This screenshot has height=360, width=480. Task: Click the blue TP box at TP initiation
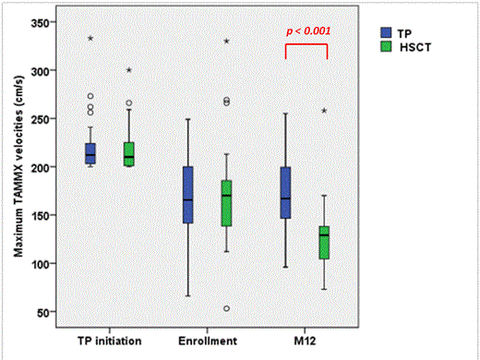(90, 153)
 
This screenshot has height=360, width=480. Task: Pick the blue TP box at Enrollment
(187, 195)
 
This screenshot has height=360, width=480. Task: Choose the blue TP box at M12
(285, 192)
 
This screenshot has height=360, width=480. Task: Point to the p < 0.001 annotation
(307, 30)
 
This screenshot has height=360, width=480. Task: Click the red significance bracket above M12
(306, 45)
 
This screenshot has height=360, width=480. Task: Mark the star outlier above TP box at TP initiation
(90, 38)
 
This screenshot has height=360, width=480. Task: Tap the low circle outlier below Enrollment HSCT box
(226, 308)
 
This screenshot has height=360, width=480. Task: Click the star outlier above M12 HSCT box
(324, 111)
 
